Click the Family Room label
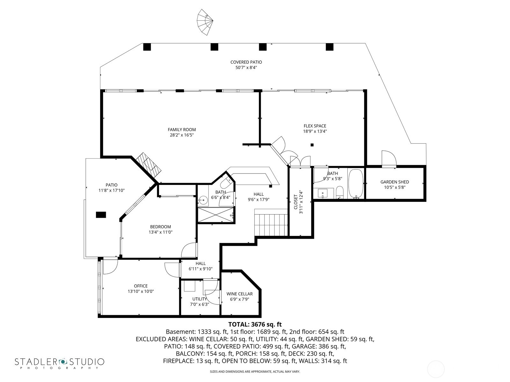point(182,130)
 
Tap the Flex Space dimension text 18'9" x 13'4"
point(315,131)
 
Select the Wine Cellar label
point(239,294)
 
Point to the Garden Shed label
point(394,182)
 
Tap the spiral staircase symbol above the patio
point(205,22)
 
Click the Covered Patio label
point(246,62)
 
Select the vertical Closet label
point(295,202)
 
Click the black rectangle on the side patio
point(101,215)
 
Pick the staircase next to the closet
point(271,225)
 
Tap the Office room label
point(141,286)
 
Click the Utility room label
point(200,299)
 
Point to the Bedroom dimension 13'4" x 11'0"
point(160,232)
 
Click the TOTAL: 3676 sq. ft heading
point(255,324)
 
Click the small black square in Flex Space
point(312,145)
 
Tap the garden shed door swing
point(389,159)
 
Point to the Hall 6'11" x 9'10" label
point(200,263)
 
